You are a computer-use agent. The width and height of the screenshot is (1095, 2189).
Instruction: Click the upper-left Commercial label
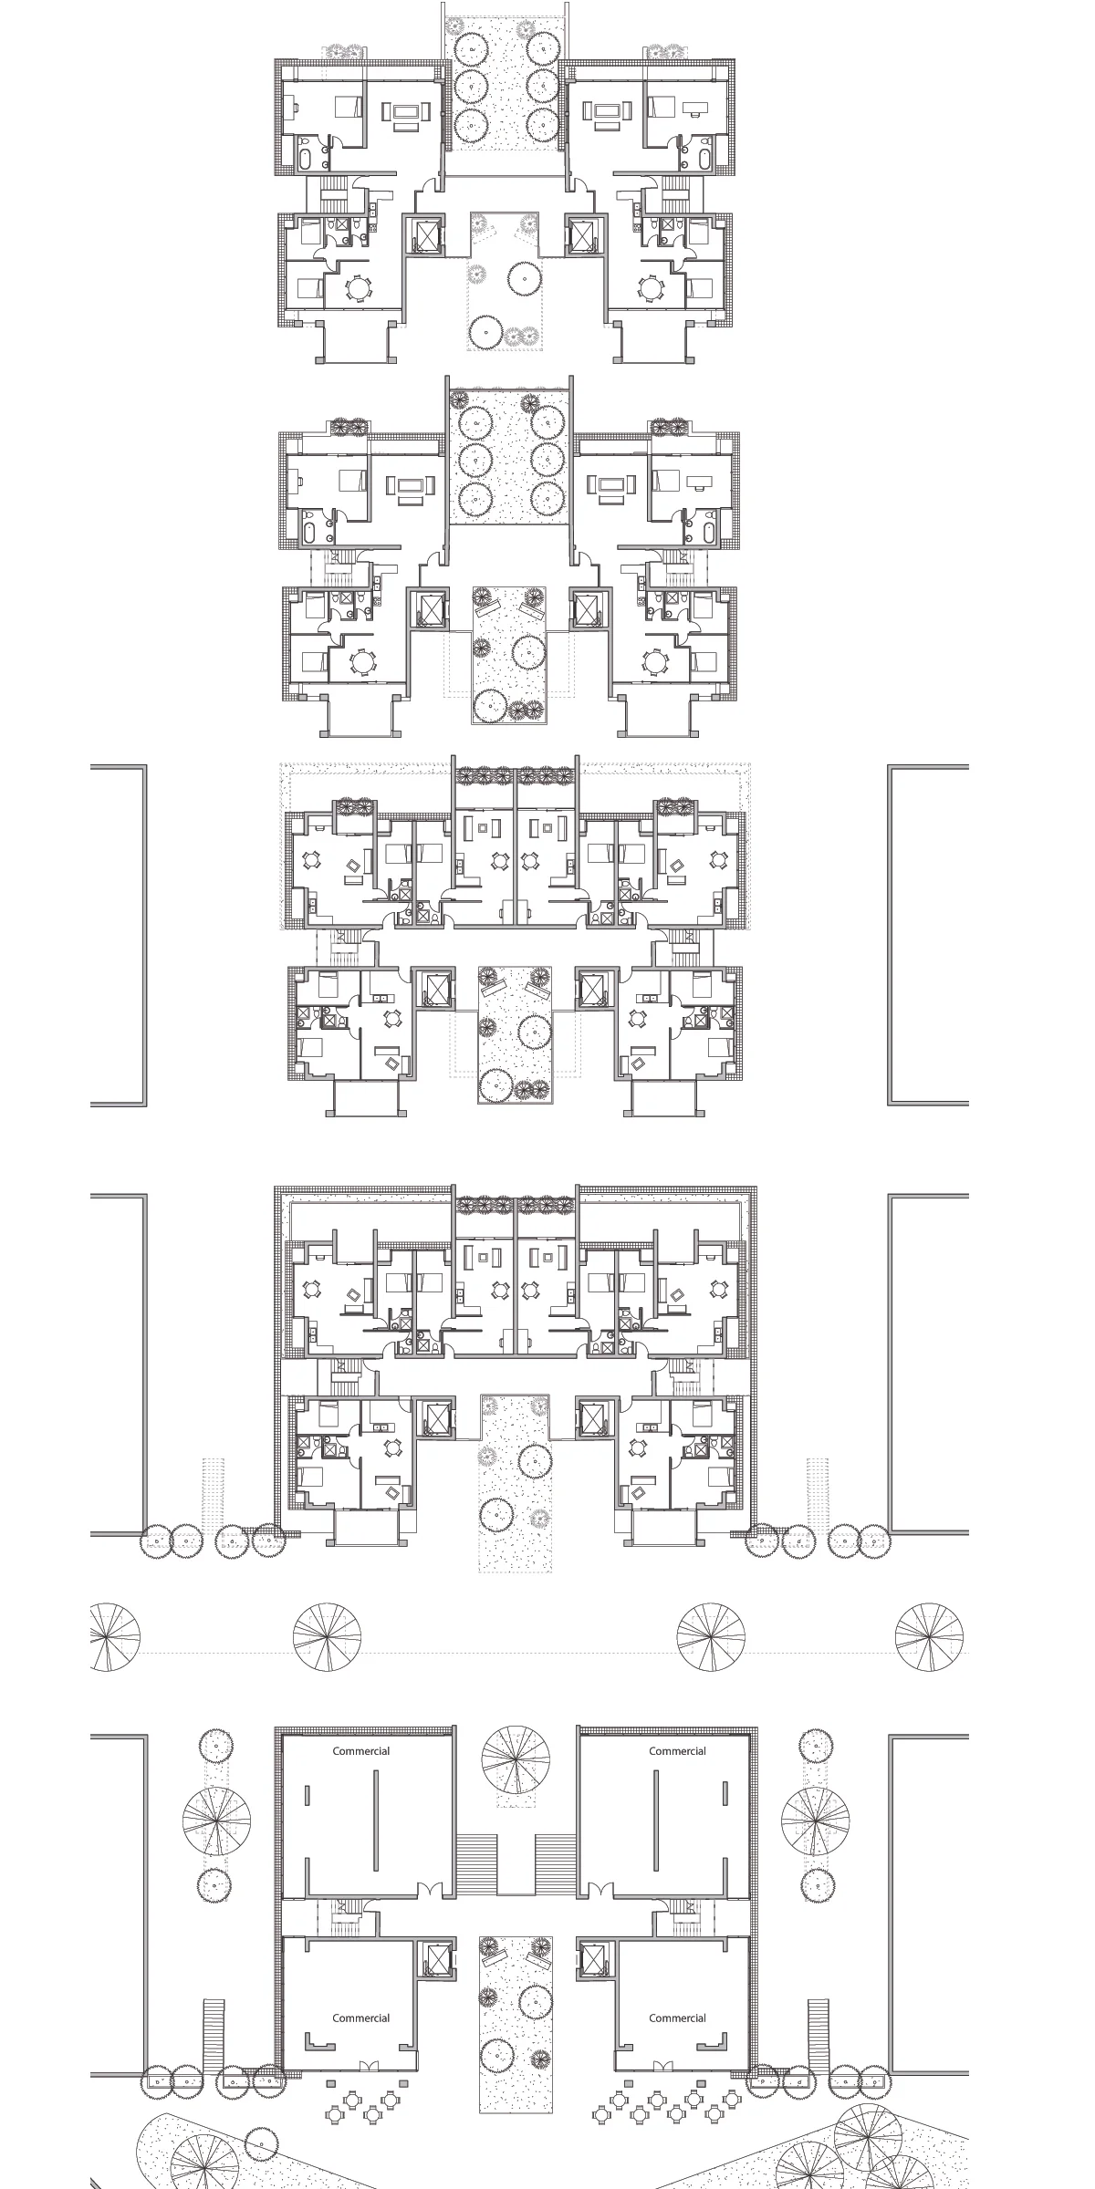361,1750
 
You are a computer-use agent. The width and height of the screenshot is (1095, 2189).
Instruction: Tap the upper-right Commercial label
677,1750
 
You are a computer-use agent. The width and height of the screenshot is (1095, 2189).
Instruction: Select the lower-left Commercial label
361,2018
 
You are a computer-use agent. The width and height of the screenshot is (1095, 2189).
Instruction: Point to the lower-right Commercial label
677,2018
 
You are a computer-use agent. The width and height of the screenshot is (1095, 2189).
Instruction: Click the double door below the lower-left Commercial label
367,2059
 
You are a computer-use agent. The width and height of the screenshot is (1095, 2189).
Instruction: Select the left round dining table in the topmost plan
359,288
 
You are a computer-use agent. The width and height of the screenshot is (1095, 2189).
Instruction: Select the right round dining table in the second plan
654,659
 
